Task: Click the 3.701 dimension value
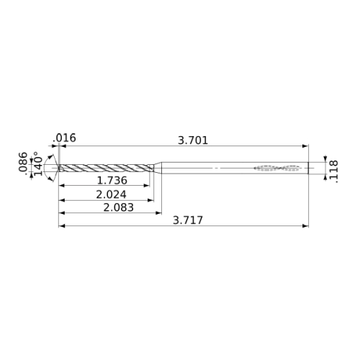point(193,140)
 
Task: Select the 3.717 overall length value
point(188,220)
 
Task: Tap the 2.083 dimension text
point(118,207)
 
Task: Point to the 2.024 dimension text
point(111,194)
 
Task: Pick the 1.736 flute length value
point(112,181)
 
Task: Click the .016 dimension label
point(64,138)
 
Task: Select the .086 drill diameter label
point(23,162)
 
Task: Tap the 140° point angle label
point(38,163)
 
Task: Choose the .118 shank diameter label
point(334,172)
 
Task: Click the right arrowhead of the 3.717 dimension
point(305,226)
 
